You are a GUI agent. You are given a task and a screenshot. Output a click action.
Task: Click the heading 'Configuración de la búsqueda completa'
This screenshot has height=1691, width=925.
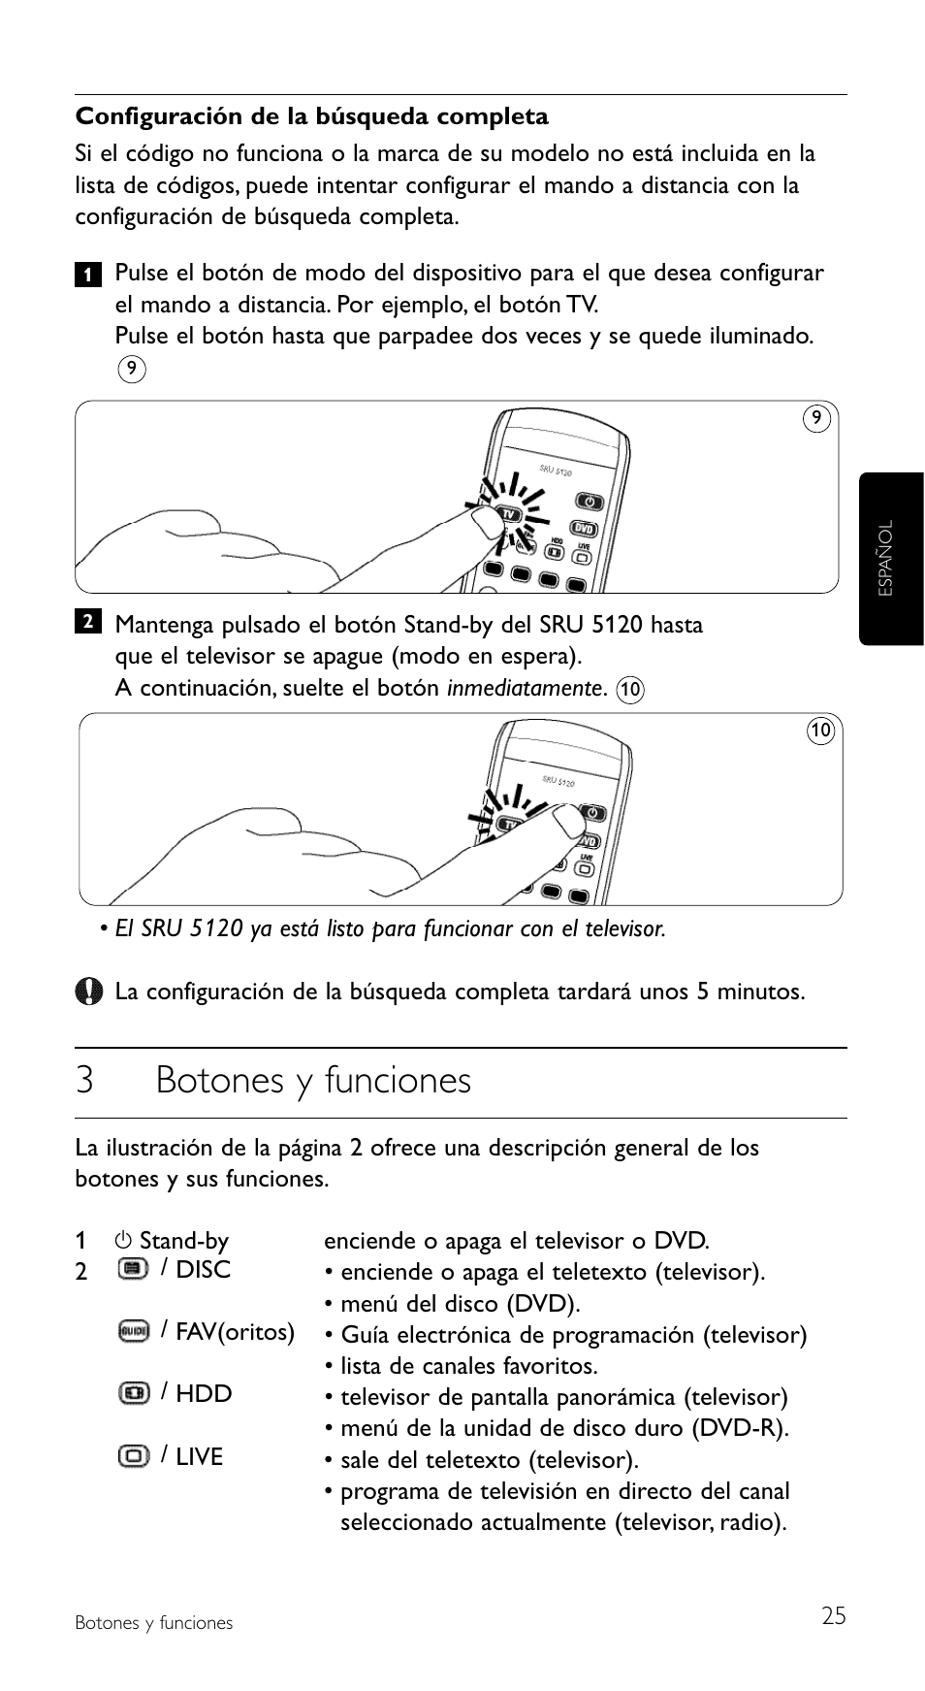[x=311, y=117]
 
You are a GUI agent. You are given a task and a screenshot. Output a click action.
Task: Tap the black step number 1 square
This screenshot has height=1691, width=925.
[x=87, y=275]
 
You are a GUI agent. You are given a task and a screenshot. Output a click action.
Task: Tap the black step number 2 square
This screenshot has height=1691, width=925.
[x=87, y=622]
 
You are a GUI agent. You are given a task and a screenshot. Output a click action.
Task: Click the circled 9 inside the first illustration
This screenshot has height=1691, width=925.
[x=816, y=418]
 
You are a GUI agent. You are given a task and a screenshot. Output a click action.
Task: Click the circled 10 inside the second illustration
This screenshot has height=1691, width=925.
[x=820, y=731]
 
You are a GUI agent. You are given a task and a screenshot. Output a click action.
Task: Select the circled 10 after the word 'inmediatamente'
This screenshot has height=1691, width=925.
[x=630, y=690]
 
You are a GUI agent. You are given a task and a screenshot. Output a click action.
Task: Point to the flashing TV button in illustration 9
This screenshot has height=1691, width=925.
[x=507, y=512]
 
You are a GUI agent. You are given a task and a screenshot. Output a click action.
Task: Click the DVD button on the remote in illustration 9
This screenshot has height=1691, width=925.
[x=583, y=529]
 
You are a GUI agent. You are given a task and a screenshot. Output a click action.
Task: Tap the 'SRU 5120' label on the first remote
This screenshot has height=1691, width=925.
[x=556, y=471]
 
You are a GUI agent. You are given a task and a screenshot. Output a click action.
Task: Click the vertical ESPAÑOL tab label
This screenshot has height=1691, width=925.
[x=885, y=558]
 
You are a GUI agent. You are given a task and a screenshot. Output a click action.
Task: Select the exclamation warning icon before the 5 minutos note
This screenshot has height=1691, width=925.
[x=88, y=991]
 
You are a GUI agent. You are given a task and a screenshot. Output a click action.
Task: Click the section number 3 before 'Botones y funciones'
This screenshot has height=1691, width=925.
[x=85, y=1081]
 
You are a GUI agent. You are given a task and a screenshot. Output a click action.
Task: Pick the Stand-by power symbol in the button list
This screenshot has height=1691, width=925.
[x=122, y=1241]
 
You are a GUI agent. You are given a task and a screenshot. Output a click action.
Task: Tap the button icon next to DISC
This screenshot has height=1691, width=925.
[x=133, y=1269]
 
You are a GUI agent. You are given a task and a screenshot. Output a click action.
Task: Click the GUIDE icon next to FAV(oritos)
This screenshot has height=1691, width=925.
[x=133, y=1331]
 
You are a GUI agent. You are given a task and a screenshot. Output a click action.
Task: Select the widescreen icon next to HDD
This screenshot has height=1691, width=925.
[x=133, y=1393]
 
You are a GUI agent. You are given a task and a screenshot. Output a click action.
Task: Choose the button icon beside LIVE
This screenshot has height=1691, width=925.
[x=133, y=1456]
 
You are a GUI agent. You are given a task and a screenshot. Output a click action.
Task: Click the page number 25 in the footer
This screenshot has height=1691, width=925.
[x=833, y=1615]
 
